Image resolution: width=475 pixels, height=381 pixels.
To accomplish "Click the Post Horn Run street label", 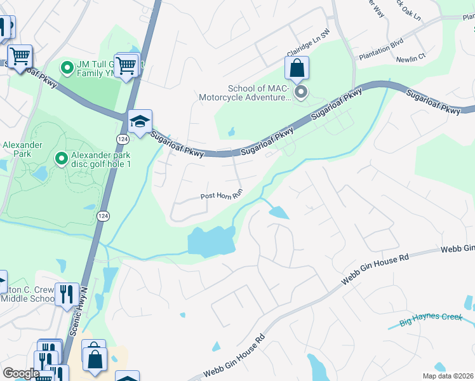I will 222,196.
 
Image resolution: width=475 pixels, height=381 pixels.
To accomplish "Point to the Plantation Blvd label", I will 381,56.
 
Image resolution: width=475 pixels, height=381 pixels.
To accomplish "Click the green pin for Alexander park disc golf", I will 61,157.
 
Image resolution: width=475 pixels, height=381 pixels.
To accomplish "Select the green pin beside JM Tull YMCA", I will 67,67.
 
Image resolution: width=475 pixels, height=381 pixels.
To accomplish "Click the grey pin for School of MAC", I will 301,93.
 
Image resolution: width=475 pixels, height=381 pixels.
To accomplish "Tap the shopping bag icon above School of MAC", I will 297,68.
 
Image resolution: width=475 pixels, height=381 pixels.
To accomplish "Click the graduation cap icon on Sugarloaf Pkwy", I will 140,120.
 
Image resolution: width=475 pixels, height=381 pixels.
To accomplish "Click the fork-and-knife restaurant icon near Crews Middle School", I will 67,294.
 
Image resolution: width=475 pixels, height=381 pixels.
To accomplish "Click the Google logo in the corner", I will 21,373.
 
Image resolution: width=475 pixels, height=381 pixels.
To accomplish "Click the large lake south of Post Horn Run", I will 210,242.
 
